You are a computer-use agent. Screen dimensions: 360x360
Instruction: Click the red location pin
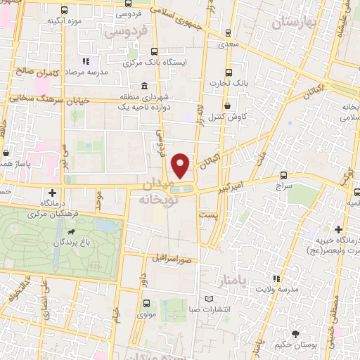click(x=181, y=165)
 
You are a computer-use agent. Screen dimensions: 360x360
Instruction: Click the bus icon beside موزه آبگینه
click(x=65, y=11)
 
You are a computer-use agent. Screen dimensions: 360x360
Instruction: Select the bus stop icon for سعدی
click(x=227, y=33)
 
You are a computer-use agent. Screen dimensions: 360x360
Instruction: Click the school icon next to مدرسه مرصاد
click(x=87, y=61)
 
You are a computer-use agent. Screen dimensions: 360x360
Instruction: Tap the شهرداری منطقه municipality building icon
click(x=143, y=86)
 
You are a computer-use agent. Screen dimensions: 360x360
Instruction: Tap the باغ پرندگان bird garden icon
click(x=70, y=232)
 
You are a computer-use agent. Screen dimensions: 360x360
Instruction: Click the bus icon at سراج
click(x=284, y=174)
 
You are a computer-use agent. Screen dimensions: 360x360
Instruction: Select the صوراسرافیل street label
click(x=174, y=258)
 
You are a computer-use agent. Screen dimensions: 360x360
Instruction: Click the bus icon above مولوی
click(x=146, y=303)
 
